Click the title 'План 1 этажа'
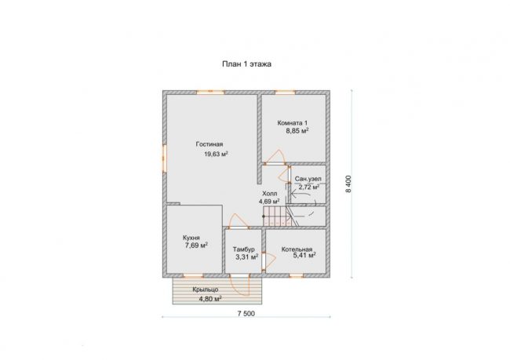tap(246, 64)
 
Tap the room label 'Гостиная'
tap(209, 144)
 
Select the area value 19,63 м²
tap(216, 154)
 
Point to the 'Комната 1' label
tap(293, 123)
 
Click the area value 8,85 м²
tap(297, 131)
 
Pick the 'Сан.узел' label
tap(308, 179)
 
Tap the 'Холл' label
tap(270, 194)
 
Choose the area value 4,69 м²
tap(269, 202)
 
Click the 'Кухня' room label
tap(191, 238)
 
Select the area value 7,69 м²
tap(196, 245)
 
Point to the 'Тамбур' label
tap(243, 249)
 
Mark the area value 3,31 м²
tap(247, 257)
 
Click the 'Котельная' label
tap(297, 249)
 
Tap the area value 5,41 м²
tap(304, 256)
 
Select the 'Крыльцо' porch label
tap(206, 289)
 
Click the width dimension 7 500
tap(246, 314)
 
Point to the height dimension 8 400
tap(348, 184)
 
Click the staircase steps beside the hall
tap(277, 216)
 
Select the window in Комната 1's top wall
tap(286, 93)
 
